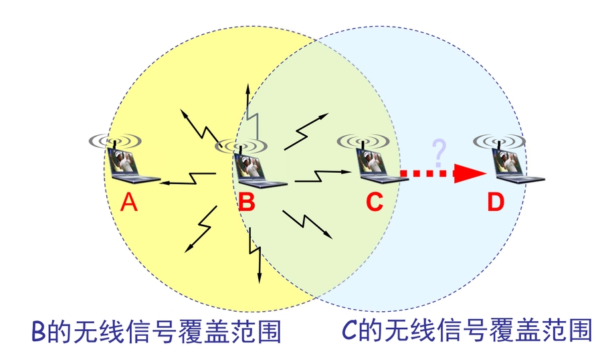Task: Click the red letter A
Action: click(129, 201)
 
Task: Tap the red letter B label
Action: click(247, 201)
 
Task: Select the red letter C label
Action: click(375, 201)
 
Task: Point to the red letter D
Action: click(496, 201)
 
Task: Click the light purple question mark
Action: click(439, 153)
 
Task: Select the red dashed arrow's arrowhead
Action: click(471, 174)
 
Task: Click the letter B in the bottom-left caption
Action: click(39, 331)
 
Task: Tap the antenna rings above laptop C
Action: click(363, 141)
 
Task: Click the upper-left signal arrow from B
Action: click(196, 124)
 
